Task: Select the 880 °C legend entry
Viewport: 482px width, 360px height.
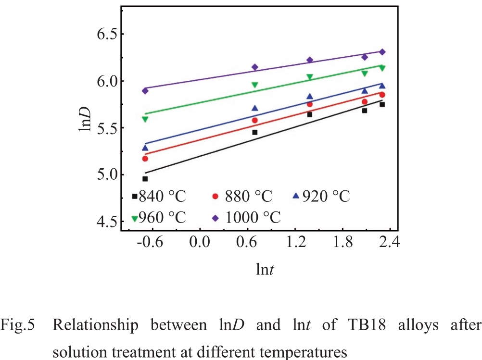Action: (x=243, y=197)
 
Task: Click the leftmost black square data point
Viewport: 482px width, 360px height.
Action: (x=145, y=179)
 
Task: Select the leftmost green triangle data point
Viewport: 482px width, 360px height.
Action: (x=145, y=119)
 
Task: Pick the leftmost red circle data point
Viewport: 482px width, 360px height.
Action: (x=145, y=159)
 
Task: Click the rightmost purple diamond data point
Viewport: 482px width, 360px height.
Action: (x=382, y=52)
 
